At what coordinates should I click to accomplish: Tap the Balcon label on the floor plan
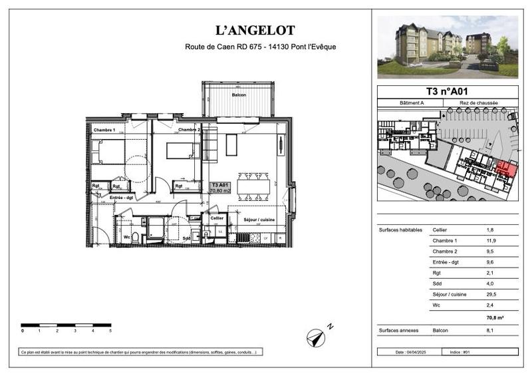[x=239, y=95]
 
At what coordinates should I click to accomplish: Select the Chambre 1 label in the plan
[x=104, y=129]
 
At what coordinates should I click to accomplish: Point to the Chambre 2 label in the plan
[x=190, y=129]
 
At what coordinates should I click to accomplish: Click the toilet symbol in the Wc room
[x=135, y=237]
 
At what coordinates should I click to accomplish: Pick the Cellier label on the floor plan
[x=217, y=218]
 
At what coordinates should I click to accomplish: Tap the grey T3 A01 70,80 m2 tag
[x=220, y=187]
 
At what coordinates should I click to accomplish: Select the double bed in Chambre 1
[x=108, y=152]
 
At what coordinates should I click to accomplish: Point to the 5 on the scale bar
[x=110, y=330]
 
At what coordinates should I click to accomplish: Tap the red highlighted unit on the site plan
[x=507, y=169]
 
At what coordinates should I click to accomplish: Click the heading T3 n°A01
[x=448, y=92]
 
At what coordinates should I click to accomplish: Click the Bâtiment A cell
[x=412, y=103]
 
